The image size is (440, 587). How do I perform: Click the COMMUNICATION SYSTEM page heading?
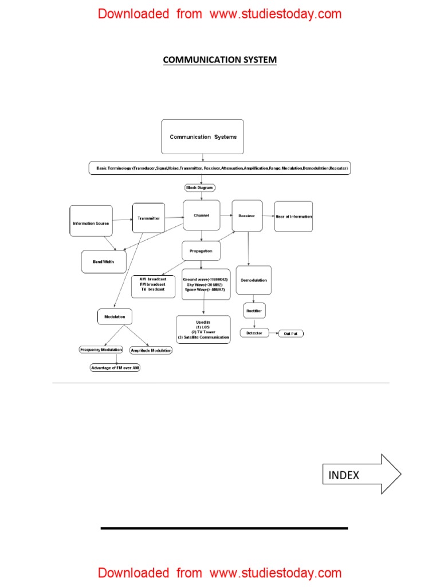pyautogui.click(x=219, y=60)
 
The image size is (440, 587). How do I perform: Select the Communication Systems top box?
pyautogui.click(x=202, y=136)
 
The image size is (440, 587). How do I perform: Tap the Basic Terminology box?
pyautogui.click(x=219, y=169)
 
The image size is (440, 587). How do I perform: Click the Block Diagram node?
pyautogui.click(x=200, y=187)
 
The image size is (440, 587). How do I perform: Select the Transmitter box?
pyautogui.click(x=148, y=218)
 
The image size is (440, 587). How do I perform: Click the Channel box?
pyautogui.click(x=201, y=216)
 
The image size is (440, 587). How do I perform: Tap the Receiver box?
pyautogui.click(x=247, y=216)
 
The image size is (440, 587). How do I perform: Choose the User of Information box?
pyautogui.click(x=293, y=216)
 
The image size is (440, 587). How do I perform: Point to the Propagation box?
pyautogui.click(x=201, y=251)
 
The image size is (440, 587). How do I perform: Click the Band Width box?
pyautogui.click(x=104, y=261)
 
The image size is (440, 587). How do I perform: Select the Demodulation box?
pyautogui.click(x=253, y=280)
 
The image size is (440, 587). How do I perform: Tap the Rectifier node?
pyautogui.click(x=254, y=310)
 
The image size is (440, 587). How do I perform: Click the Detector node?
pyautogui.click(x=254, y=333)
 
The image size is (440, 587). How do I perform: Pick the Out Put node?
pyautogui.click(x=290, y=333)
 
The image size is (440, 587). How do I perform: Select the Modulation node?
pyautogui.click(x=115, y=316)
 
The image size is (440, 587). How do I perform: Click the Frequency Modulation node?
pyautogui.click(x=101, y=350)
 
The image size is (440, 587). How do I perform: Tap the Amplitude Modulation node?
pyautogui.click(x=151, y=350)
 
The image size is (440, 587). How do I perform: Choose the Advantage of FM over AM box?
pyautogui.click(x=115, y=368)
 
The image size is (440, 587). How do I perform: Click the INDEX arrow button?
pyautogui.click(x=361, y=475)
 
